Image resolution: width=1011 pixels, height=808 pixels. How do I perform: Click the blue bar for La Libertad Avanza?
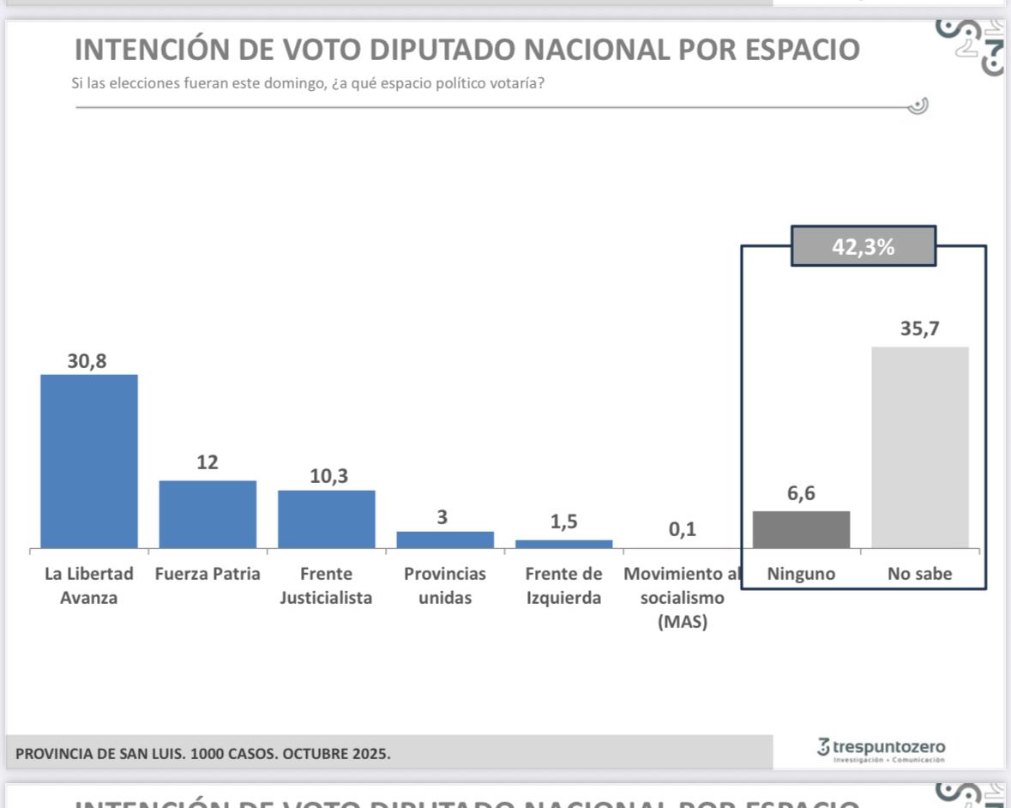pos(89,461)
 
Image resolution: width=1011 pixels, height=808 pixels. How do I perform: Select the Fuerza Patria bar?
pos(208,514)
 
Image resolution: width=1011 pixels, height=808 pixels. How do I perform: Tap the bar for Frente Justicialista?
pos(326,519)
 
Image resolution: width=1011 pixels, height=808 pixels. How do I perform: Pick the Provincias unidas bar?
pos(445,540)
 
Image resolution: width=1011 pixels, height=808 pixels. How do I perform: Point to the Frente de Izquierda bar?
pos(563,544)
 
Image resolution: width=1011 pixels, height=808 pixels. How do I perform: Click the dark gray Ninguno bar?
pos(801,529)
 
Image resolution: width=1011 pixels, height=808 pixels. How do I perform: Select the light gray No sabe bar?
pos(920,447)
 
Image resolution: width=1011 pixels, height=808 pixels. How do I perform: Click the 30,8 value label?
pos(87,361)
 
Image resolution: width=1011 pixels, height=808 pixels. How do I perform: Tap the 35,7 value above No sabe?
pos(920,329)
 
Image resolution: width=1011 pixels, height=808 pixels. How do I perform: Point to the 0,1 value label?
pos(683,531)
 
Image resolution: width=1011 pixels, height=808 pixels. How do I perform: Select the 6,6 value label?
pos(801,495)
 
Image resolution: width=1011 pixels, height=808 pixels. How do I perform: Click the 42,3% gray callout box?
pos(864,247)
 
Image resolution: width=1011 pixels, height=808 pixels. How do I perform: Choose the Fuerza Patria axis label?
pos(208,574)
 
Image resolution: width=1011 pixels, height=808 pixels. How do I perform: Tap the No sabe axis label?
pos(920,574)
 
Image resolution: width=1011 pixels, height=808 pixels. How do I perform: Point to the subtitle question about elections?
pos(307,84)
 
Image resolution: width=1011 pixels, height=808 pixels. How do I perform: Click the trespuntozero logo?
pos(882,749)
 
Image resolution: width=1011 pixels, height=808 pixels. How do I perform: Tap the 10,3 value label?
pos(328,477)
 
